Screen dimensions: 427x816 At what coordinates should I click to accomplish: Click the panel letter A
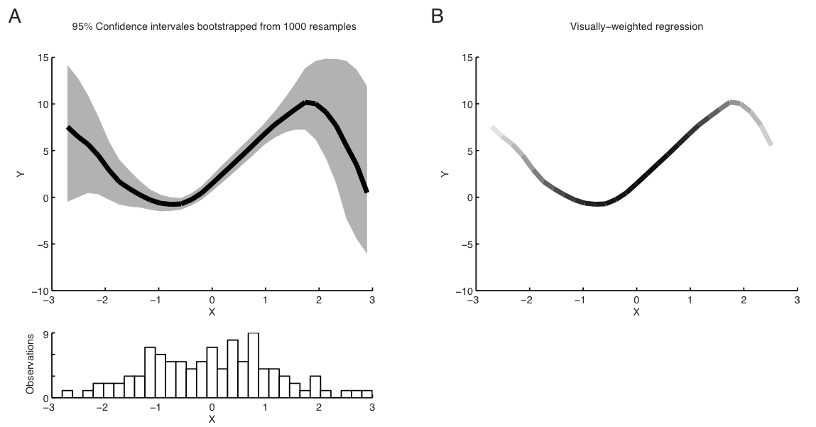[x=14, y=16]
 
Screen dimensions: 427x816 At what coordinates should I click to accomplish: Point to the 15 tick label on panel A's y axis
[x=43, y=58]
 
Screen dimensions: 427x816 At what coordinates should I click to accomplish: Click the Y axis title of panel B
[x=445, y=174]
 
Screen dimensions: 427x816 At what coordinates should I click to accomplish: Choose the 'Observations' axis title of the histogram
[x=30, y=370]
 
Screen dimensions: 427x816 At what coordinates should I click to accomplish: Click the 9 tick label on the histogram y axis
[x=43, y=333]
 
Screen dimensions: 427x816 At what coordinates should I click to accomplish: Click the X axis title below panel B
[x=636, y=312]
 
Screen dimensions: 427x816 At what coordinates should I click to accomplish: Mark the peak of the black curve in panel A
[x=307, y=102]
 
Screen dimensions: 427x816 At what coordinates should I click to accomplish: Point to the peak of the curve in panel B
[x=732, y=102]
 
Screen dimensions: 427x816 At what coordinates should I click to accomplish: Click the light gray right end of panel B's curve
[x=769, y=143]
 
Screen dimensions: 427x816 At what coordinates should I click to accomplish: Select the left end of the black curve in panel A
[x=68, y=128]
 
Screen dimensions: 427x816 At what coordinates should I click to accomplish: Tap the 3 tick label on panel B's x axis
[x=796, y=300]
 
